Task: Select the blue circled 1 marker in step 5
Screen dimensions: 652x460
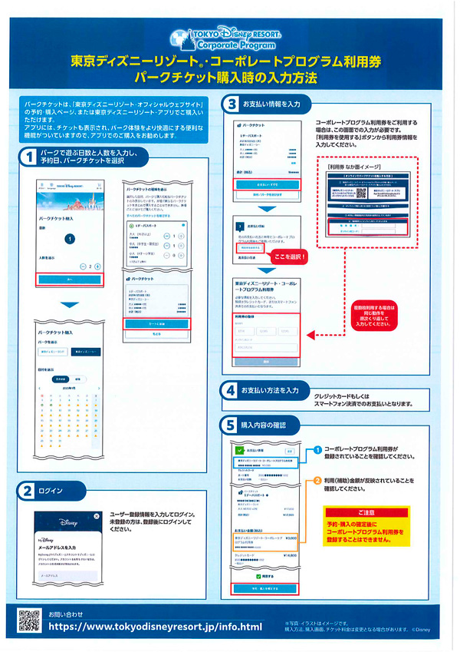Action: point(317,450)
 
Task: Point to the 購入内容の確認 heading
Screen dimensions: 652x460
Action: point(264,424)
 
